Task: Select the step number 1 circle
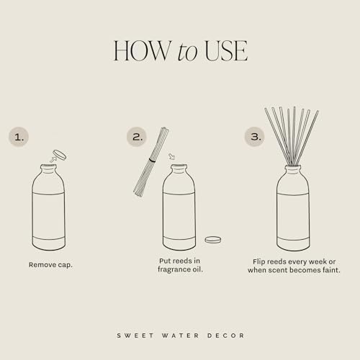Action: tap(19, 135)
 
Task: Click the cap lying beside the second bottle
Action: tap(212, 239)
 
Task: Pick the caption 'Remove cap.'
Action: tap(50, 265)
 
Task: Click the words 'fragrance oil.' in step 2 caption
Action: tap(179, 269)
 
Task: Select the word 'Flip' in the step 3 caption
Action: tap(261, 261)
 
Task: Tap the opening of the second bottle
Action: tap(179, 168)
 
